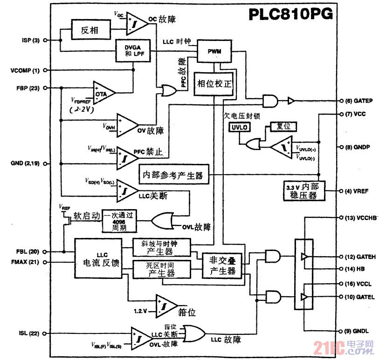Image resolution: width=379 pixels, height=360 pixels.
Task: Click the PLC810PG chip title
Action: [x=290, y=14]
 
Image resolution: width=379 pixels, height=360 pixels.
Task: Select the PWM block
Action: [x=214, y=52]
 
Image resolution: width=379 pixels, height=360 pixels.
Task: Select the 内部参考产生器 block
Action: [x=174, y=175]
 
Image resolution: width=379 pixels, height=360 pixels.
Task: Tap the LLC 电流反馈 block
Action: [x=98, y=258]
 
